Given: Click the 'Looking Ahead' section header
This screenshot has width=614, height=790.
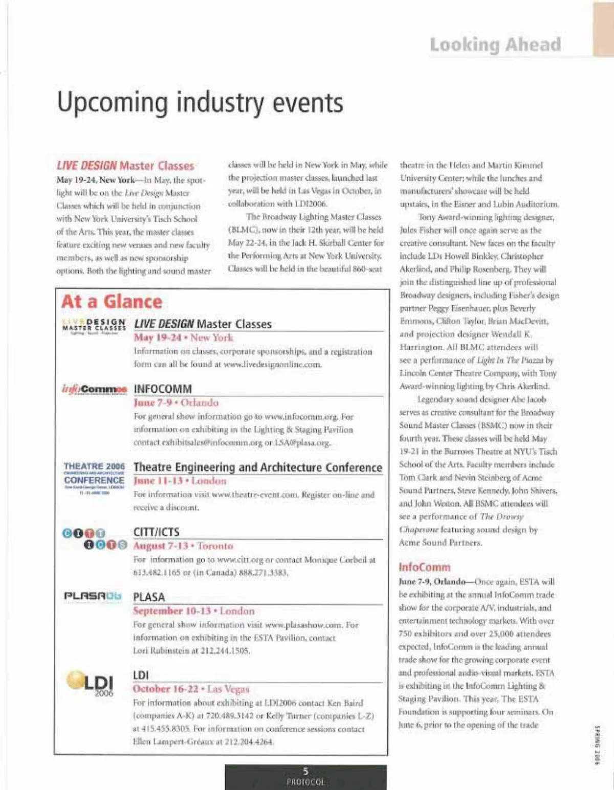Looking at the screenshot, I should tap(495, 44).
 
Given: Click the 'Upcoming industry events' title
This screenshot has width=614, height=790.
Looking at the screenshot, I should tap(200, 102).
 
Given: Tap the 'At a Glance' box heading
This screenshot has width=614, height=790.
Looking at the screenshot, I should tap(112, 302).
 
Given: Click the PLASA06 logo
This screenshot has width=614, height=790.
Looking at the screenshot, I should tap(93, 596).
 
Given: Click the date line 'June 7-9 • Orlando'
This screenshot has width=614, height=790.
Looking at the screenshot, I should tap(176, 403).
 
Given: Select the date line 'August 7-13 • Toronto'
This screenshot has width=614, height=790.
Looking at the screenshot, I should tap(183, 546).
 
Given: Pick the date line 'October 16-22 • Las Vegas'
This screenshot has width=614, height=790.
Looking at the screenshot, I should tap(191, 689).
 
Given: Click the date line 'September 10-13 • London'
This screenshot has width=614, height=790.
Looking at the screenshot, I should tap(193, 611).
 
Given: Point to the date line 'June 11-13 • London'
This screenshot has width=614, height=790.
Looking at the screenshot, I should tap(180, 481).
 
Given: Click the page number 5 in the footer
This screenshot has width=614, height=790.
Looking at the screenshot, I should tap(305, 772).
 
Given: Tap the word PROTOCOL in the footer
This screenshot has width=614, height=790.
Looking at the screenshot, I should tap(305, 782).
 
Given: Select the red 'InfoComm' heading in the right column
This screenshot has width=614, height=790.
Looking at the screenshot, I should tap(424, 567).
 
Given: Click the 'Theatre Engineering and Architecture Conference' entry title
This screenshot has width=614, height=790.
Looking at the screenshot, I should tap(257, 467).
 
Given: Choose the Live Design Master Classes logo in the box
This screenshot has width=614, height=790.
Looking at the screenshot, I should tap(94, 325).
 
